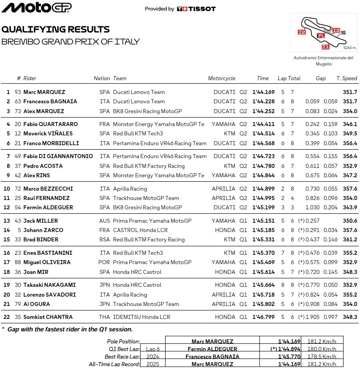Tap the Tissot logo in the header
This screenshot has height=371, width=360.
196,9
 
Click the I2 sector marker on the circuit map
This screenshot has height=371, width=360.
302,32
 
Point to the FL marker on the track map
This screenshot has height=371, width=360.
321,35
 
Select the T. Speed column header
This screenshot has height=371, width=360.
347,78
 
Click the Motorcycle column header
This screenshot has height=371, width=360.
222,78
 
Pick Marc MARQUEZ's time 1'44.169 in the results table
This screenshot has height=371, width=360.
263,92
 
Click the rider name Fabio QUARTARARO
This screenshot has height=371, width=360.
50,124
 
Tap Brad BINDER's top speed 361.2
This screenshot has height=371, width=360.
350,240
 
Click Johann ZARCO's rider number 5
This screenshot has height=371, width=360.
19,230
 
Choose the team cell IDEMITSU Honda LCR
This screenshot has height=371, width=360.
142,317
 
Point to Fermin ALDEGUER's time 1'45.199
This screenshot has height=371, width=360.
263,208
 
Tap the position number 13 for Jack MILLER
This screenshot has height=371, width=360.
8,221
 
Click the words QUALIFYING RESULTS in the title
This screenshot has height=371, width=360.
56,30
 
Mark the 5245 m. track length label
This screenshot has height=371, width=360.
350,48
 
